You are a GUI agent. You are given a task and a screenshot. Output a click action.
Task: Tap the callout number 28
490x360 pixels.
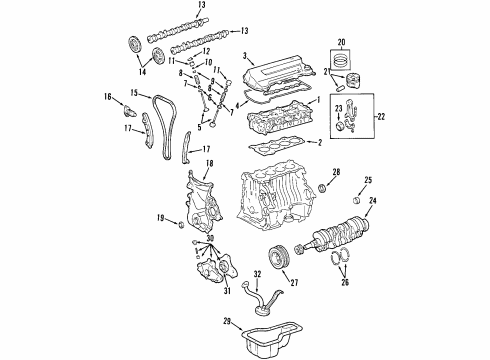[336, 173]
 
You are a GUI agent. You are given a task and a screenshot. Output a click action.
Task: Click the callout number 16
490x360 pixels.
[108, 96]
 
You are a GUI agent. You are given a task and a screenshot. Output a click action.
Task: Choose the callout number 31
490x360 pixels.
[228, 291]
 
